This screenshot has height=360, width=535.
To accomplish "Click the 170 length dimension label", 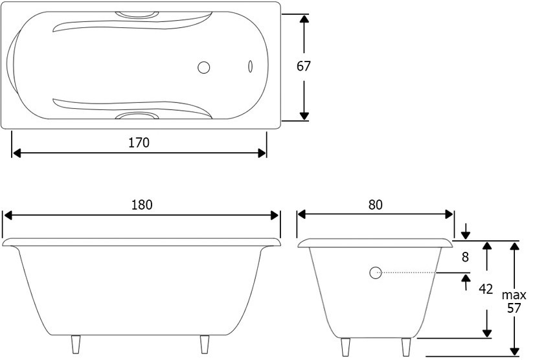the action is click(x=139, y=142).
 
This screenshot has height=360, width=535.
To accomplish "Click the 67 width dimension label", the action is click(x=303, y=66).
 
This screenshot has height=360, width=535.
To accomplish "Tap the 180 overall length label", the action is click(x=142, y=205).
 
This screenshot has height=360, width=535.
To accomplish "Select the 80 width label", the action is click(x=375, y=205).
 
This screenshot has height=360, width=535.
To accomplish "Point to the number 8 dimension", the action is click(x=465, y=257).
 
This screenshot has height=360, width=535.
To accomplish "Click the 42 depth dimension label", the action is click(x=486, y=289).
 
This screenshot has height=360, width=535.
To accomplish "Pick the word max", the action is click(x=514, y=295).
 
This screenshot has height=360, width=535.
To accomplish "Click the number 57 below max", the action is click(x=514, y=308).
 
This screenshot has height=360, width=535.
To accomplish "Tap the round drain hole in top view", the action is click(x=203, y=67).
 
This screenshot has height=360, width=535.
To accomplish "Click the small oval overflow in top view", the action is click(x=250, y=66).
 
